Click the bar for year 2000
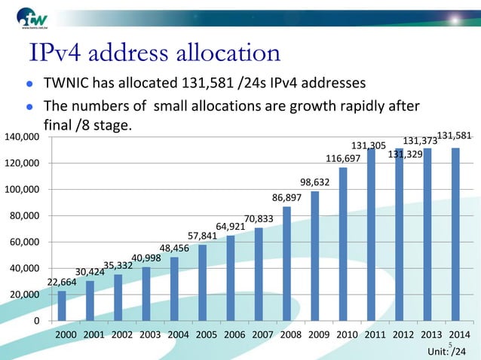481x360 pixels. tap(62, 306)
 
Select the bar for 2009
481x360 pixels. tap(314, 256)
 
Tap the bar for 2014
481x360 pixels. tap(455, 234)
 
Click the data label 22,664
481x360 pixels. tap(62, 282)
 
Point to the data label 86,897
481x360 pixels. tap(287, 197)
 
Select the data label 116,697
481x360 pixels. tap(343, 159)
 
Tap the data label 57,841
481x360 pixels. tap(203, 236)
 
